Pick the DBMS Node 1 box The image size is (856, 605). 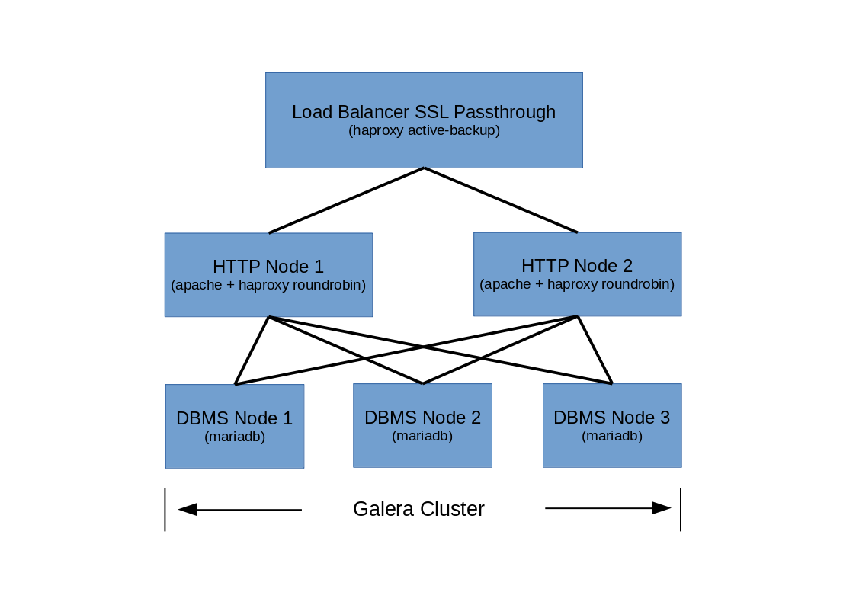(235, 450)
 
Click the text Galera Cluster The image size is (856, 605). (418, 509)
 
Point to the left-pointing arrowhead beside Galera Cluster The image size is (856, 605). (188, 509)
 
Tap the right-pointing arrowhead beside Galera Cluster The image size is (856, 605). (661, 508)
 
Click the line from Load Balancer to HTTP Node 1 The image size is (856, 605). (347, 200)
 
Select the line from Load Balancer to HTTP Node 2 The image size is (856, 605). (501, 200)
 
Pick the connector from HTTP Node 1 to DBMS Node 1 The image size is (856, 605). (252, 351)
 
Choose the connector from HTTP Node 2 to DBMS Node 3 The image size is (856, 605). (595, 350)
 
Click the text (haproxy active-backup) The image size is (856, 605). (424, 130)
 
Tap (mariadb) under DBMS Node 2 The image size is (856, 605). (422, 436)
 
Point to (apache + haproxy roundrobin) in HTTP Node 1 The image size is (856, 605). (268, 285)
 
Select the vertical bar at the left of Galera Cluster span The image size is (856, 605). (165, 510)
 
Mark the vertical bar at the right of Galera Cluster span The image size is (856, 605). (680, 510)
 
